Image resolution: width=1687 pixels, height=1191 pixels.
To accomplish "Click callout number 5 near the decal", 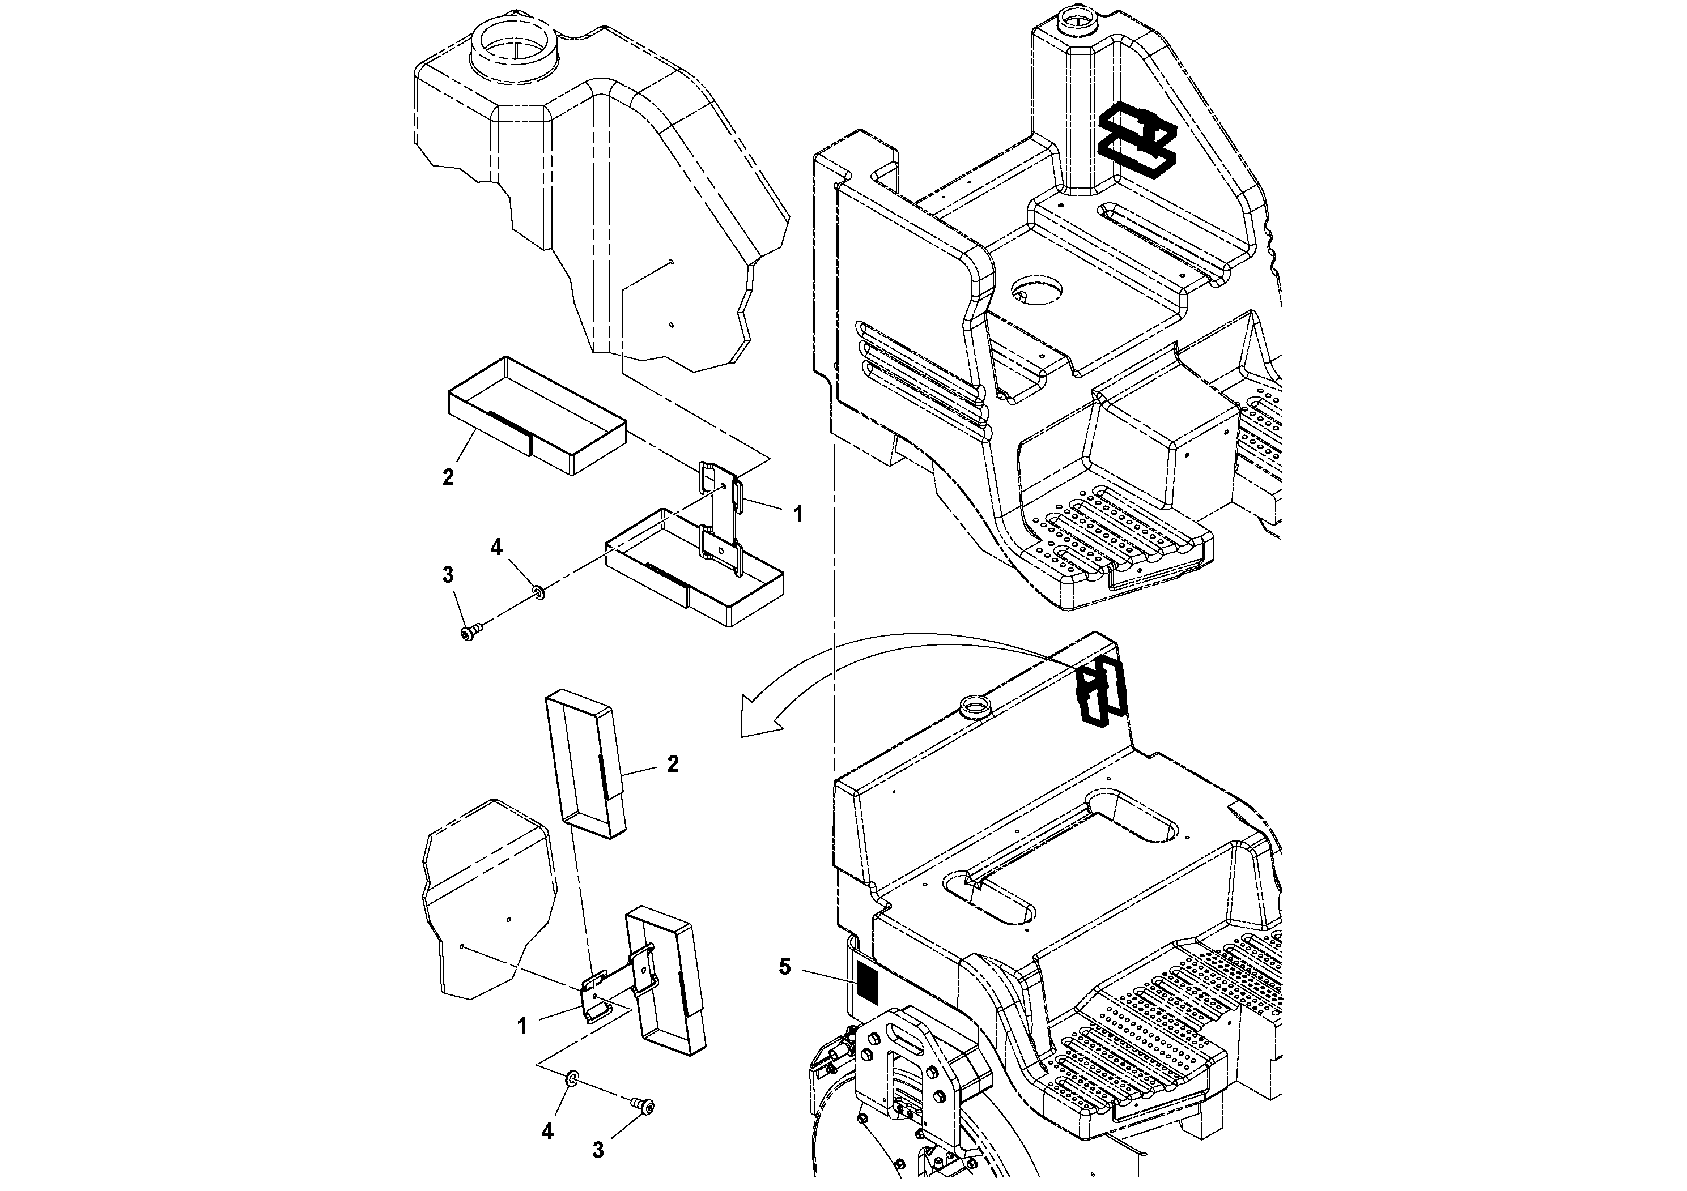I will pos(785,967).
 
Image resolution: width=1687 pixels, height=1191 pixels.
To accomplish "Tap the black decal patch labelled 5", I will pos(868,983).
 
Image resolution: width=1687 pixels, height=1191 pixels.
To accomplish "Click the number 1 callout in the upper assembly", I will pos(798,515).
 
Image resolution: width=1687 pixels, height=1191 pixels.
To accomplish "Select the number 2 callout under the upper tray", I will pos(448,477).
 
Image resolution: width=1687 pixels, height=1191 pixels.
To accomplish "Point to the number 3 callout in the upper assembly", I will pos(448,575).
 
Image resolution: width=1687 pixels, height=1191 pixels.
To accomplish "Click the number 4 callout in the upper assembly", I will pos(497,547).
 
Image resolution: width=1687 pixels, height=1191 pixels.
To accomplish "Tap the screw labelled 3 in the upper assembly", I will pos(471,629).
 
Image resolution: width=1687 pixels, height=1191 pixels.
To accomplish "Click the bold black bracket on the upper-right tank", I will pos(1136,144).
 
